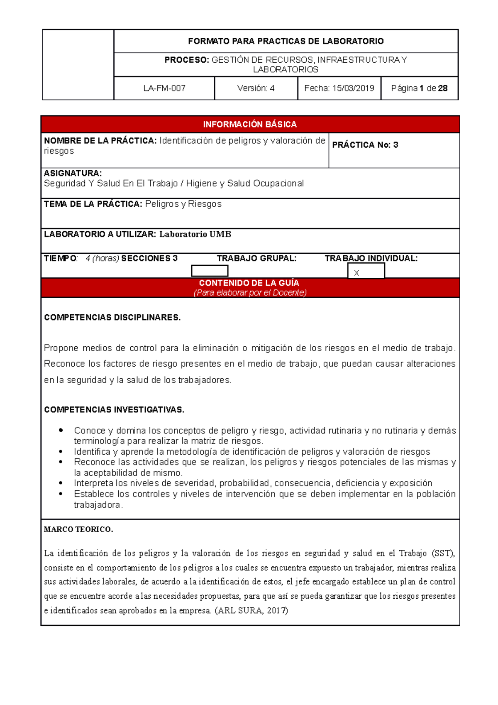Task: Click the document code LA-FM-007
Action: pyautogui.click(x=164, y=88)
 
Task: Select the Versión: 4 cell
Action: pyautogui.click(x=256, y=88)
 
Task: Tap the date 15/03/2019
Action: pyautogui.click(x=353, y=88)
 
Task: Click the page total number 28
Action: pyautogui.click(x=442, y=88)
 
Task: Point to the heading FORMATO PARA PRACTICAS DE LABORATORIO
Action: pyautogui.click(x=286, y=41)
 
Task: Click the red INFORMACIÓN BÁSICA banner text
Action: pyautogui.click(x=250, y=125)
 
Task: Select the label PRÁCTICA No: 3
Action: pyautogui.click(x=365, y=145)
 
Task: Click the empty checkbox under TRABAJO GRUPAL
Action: pyautogui.click(x=210, y=271)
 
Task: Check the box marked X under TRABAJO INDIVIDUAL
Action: pyautogui.click(x=366, y=272)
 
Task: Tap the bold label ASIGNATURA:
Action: pyautogui.click(x=73, y=173)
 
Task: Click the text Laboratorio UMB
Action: pyautogui.click(x=195, y=235)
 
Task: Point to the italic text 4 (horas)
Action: pyautogui.click(x=103, y=259)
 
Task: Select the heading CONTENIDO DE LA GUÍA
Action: pyautogui.click(x=249, y=283)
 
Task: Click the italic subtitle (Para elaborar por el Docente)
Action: pyautogui.click(x=250, y=293)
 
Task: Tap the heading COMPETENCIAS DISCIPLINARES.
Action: pyautogui.click(x=112, y=318)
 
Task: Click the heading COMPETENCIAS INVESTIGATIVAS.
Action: pyautogui.click(x=114, y=410)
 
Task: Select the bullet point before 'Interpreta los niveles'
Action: pyautogui.click(x=61, y=483)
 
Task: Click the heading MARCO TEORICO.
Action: pyautogui.click(x=78, y=529)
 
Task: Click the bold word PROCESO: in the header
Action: pyautogui.click(x=187, y=60)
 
